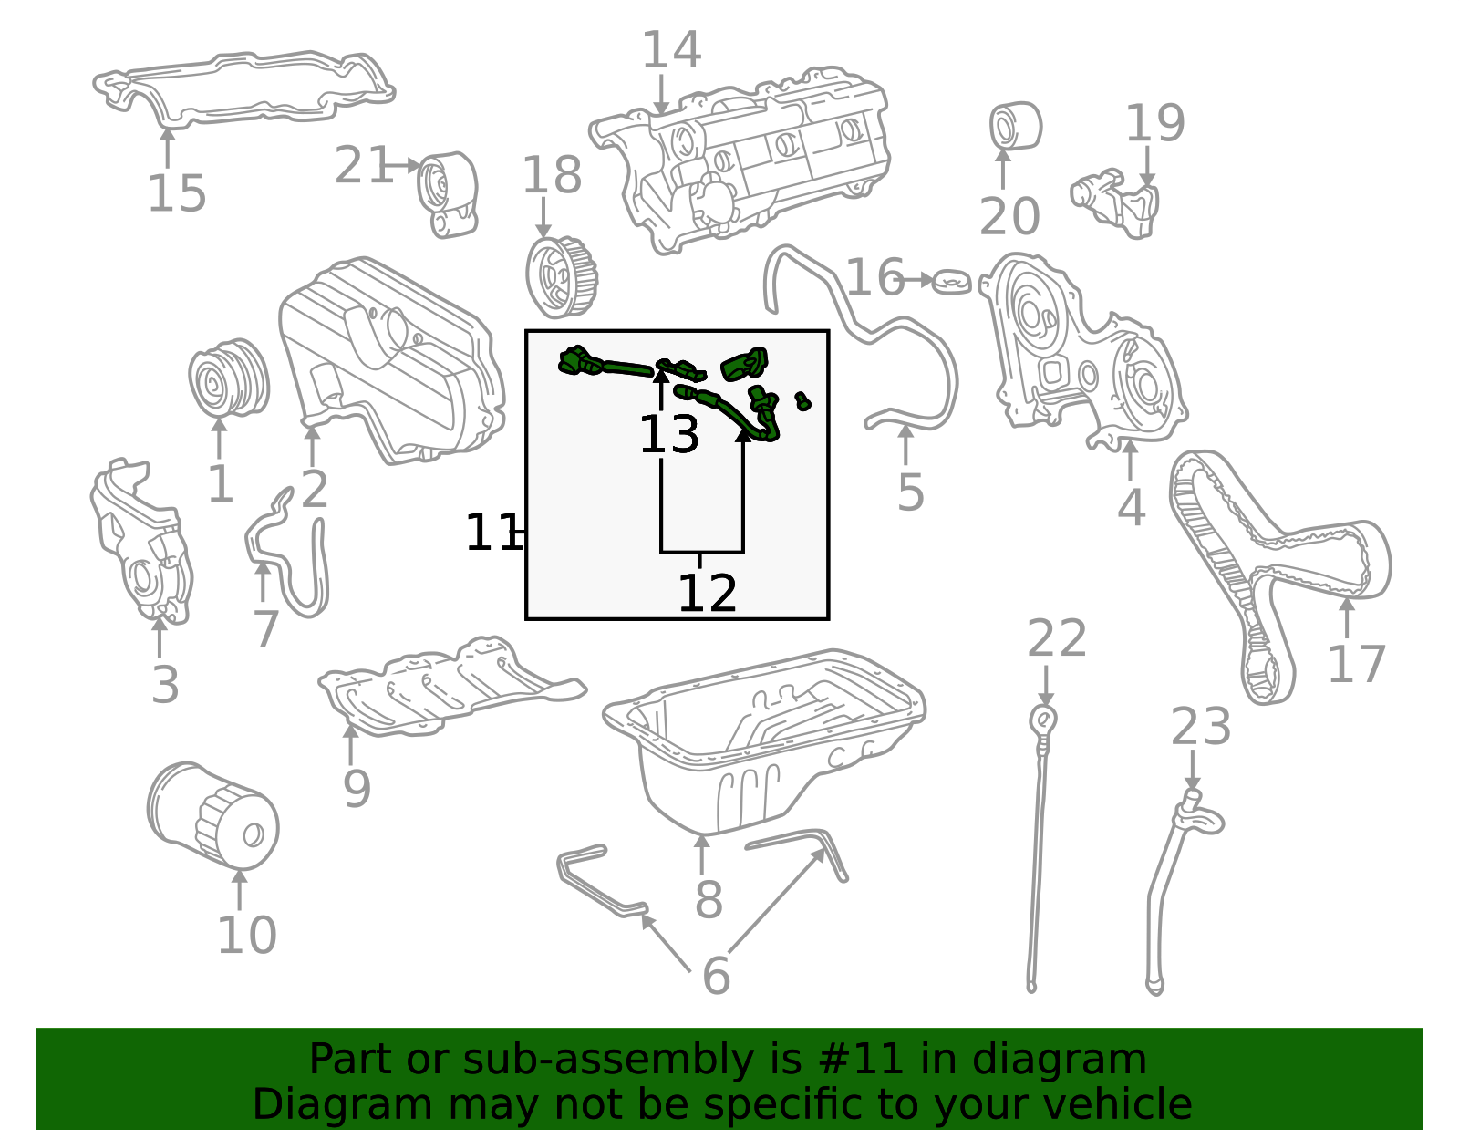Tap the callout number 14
pos(671,50)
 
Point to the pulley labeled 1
pos(228,378)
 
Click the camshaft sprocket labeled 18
pos(560,276)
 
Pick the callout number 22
pos(1057,638)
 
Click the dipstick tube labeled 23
pos(1176,875)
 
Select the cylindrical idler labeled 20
pos(1015,126)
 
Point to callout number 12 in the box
pos(707,594)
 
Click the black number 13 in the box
pos(668,435)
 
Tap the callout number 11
pos(491,533)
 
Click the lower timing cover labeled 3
pos(141,547)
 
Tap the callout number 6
pos(716,977)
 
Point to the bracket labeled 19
pos(1117,201)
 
